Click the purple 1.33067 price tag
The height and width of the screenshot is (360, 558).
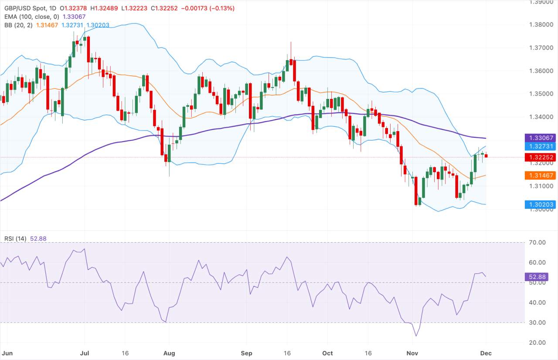coord(540,138)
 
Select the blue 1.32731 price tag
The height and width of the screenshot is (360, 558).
coord(540,146)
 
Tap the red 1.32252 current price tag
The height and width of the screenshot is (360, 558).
coord(540,157)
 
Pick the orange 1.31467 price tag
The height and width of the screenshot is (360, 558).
coord(540,175)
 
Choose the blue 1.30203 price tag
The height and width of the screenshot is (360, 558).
coord(540,204)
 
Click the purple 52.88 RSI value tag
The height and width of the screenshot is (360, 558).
coord(537,277)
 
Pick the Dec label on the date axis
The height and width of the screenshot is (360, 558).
coord(486,353)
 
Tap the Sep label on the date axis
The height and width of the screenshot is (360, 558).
coord(246,353)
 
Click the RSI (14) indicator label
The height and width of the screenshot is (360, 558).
coord(15,238)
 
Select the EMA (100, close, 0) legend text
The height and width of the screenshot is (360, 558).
coord(30,16)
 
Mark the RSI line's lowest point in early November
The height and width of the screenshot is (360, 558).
coord(415,336)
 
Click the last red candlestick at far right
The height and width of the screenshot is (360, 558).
coord(486,156)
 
